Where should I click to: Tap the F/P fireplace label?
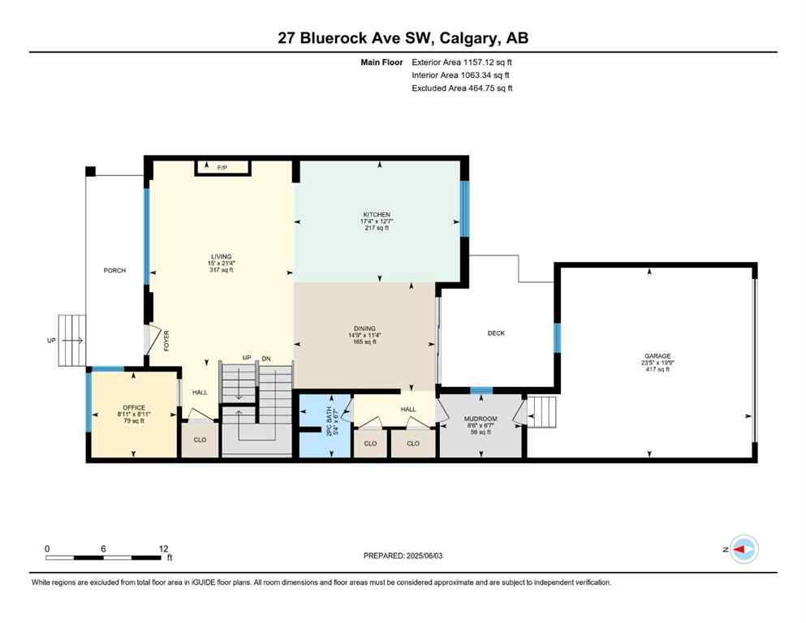[222, 167]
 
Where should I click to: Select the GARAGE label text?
[657, 355]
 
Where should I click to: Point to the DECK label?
[496, 333]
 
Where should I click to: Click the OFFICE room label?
[133, 407]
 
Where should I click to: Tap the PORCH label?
[114, 270]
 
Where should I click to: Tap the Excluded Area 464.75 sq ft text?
[462, 88]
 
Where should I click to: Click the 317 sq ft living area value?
[221, 270]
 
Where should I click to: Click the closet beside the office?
[199, 444]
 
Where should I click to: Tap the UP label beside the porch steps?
[52, 340]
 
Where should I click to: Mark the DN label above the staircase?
[265, 359]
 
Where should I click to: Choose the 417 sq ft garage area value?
[657, 370]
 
